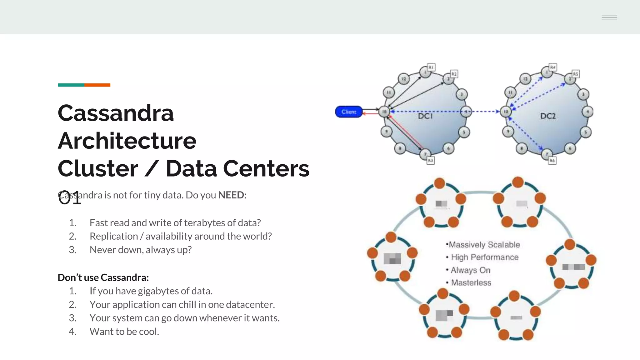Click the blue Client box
tap(349, 112)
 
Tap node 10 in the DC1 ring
tap(384, 112)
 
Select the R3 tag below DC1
tap(431, 160)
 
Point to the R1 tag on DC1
tap(431, 67)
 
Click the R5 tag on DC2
tap(576, 74)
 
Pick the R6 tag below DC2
tap(552, 160)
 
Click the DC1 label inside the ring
tap(425, 116)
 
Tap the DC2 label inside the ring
tap(548, 116)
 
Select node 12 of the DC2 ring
tap(525, 79)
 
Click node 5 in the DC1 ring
tap(464, 132)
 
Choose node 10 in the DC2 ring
tap(506, 112)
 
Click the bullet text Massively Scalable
tap(484, 245)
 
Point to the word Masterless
tap(471, 282)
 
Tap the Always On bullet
tap(470, 270)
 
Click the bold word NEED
tap(231, 195)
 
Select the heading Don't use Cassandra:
tap(103, 277)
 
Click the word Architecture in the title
tap(127, 141)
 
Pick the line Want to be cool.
tap(124, 332)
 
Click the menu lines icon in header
tap(609, 17)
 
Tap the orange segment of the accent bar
tap(97, 85)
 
